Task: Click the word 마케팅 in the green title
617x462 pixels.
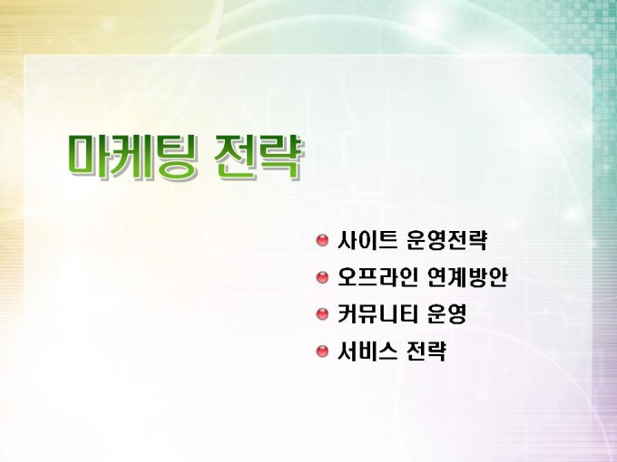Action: pos(131,157)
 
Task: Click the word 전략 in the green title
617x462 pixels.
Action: pos(258,157)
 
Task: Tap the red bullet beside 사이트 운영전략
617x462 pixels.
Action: pos(322,240)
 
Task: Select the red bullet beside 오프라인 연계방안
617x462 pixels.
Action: pos(322,277)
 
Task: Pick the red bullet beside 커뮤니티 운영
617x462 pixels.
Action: pos(322,314)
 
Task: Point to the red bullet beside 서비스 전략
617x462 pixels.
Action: pos(322,351)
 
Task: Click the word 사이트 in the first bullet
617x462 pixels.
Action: pos(367,240)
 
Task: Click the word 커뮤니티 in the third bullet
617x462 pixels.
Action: pos(377,314)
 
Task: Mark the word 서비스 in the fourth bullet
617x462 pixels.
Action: pos(367,351)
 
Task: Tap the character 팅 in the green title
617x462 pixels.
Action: pos(173,157)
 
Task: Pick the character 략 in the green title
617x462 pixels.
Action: pos(280,157)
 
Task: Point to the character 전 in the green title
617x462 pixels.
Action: pos(236,157)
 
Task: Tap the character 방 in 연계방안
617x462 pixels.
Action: pos(477,277)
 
